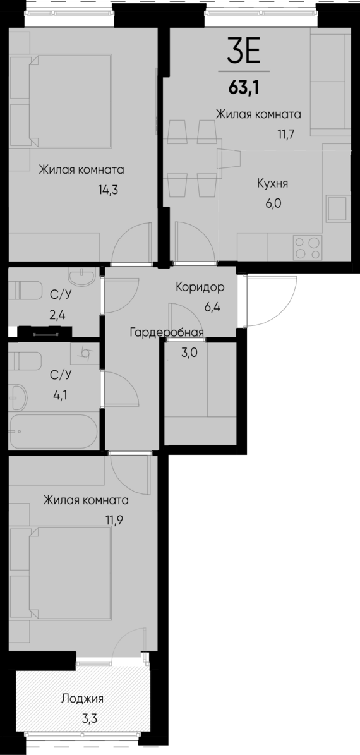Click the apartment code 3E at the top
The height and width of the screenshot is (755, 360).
coord(243,51)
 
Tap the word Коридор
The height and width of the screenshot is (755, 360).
coord(200,287)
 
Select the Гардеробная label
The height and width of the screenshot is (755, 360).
coord(167,333)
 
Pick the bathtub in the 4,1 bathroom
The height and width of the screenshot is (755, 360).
coord(54,432)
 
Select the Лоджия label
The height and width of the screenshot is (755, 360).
coord(82,698)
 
